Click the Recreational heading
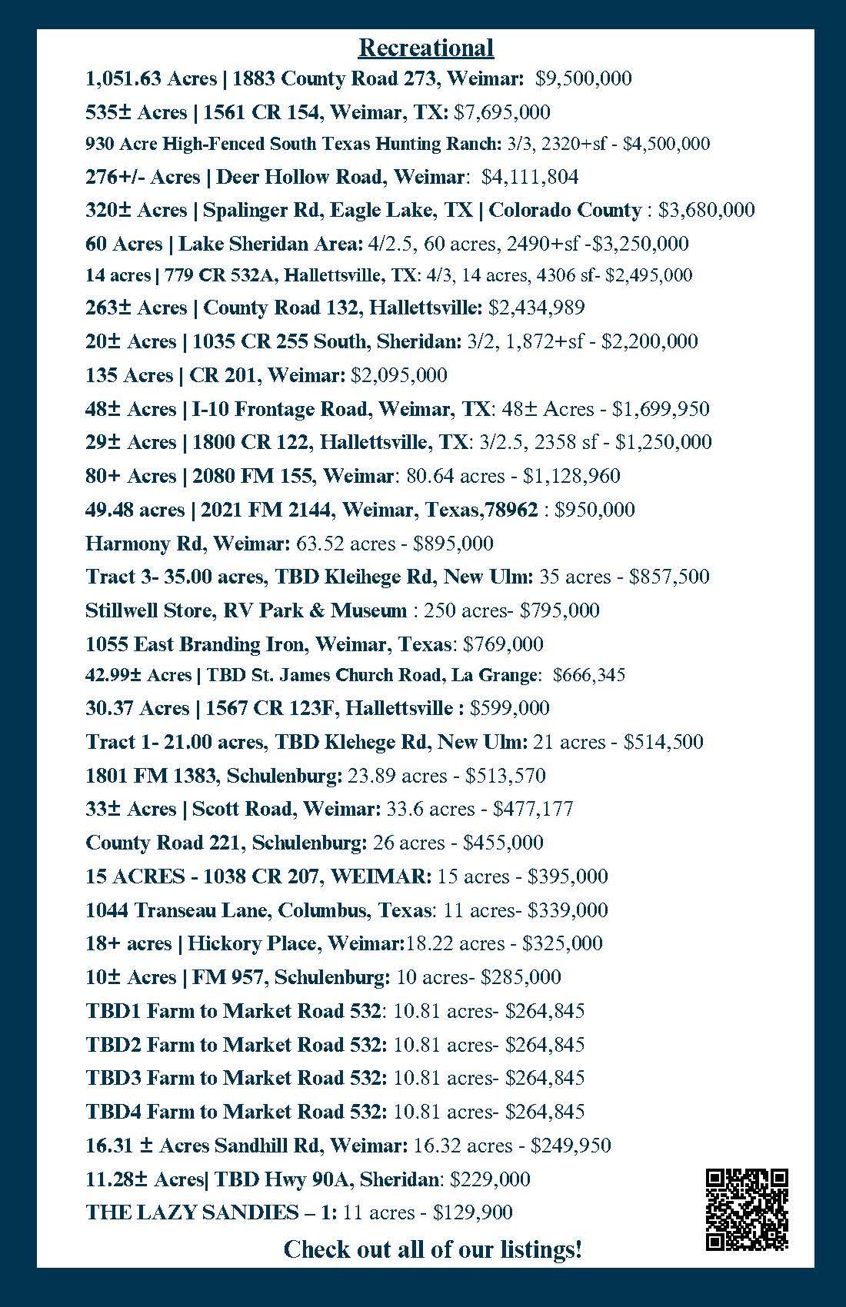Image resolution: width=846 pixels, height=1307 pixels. click(425, 48)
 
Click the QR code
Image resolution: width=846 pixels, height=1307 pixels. click(747, 1209)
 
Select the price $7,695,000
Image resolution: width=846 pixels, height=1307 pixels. click(502, 112)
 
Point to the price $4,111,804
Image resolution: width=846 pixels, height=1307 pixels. click(530, 177)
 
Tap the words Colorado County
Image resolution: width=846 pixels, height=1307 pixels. click(565, 210)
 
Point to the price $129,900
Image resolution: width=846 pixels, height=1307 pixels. click(473, 1212)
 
